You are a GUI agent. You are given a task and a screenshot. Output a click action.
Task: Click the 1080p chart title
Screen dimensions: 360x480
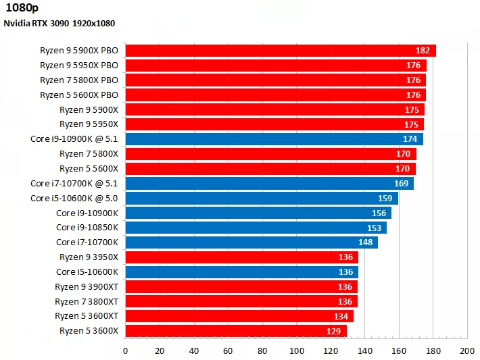(21, 9)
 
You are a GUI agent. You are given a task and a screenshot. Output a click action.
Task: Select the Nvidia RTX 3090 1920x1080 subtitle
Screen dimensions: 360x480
(59, 24)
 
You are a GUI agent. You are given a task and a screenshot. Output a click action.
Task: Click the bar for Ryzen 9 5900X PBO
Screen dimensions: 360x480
(270, 51)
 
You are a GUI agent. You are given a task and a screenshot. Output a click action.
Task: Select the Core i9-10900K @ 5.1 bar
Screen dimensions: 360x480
(270, 139)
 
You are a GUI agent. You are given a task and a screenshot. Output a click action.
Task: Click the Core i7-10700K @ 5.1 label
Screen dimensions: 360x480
(74, 183)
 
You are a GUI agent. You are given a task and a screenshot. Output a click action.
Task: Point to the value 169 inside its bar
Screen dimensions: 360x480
(402, 183)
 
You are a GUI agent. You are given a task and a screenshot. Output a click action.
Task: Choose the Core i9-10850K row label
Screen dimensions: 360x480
(87, 228)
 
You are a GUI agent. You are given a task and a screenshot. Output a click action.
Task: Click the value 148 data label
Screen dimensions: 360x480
(366, 242)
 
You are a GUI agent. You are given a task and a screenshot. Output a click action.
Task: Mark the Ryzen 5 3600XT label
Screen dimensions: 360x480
(87, 316)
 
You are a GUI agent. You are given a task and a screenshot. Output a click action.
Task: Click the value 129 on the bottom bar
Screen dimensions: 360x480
(334, 331)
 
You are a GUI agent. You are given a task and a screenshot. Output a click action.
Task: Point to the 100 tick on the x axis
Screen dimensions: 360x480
(296, 351)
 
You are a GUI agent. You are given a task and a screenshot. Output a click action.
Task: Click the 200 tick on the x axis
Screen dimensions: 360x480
(467, 351)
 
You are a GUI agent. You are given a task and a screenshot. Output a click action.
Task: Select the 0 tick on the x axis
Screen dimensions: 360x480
(126, 351)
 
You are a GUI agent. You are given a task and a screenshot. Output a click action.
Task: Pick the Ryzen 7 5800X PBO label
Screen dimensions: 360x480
(79, 80)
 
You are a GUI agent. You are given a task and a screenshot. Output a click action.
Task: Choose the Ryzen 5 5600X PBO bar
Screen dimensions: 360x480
(270, 95)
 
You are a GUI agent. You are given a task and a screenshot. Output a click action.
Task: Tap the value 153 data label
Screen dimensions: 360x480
(375, 228)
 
